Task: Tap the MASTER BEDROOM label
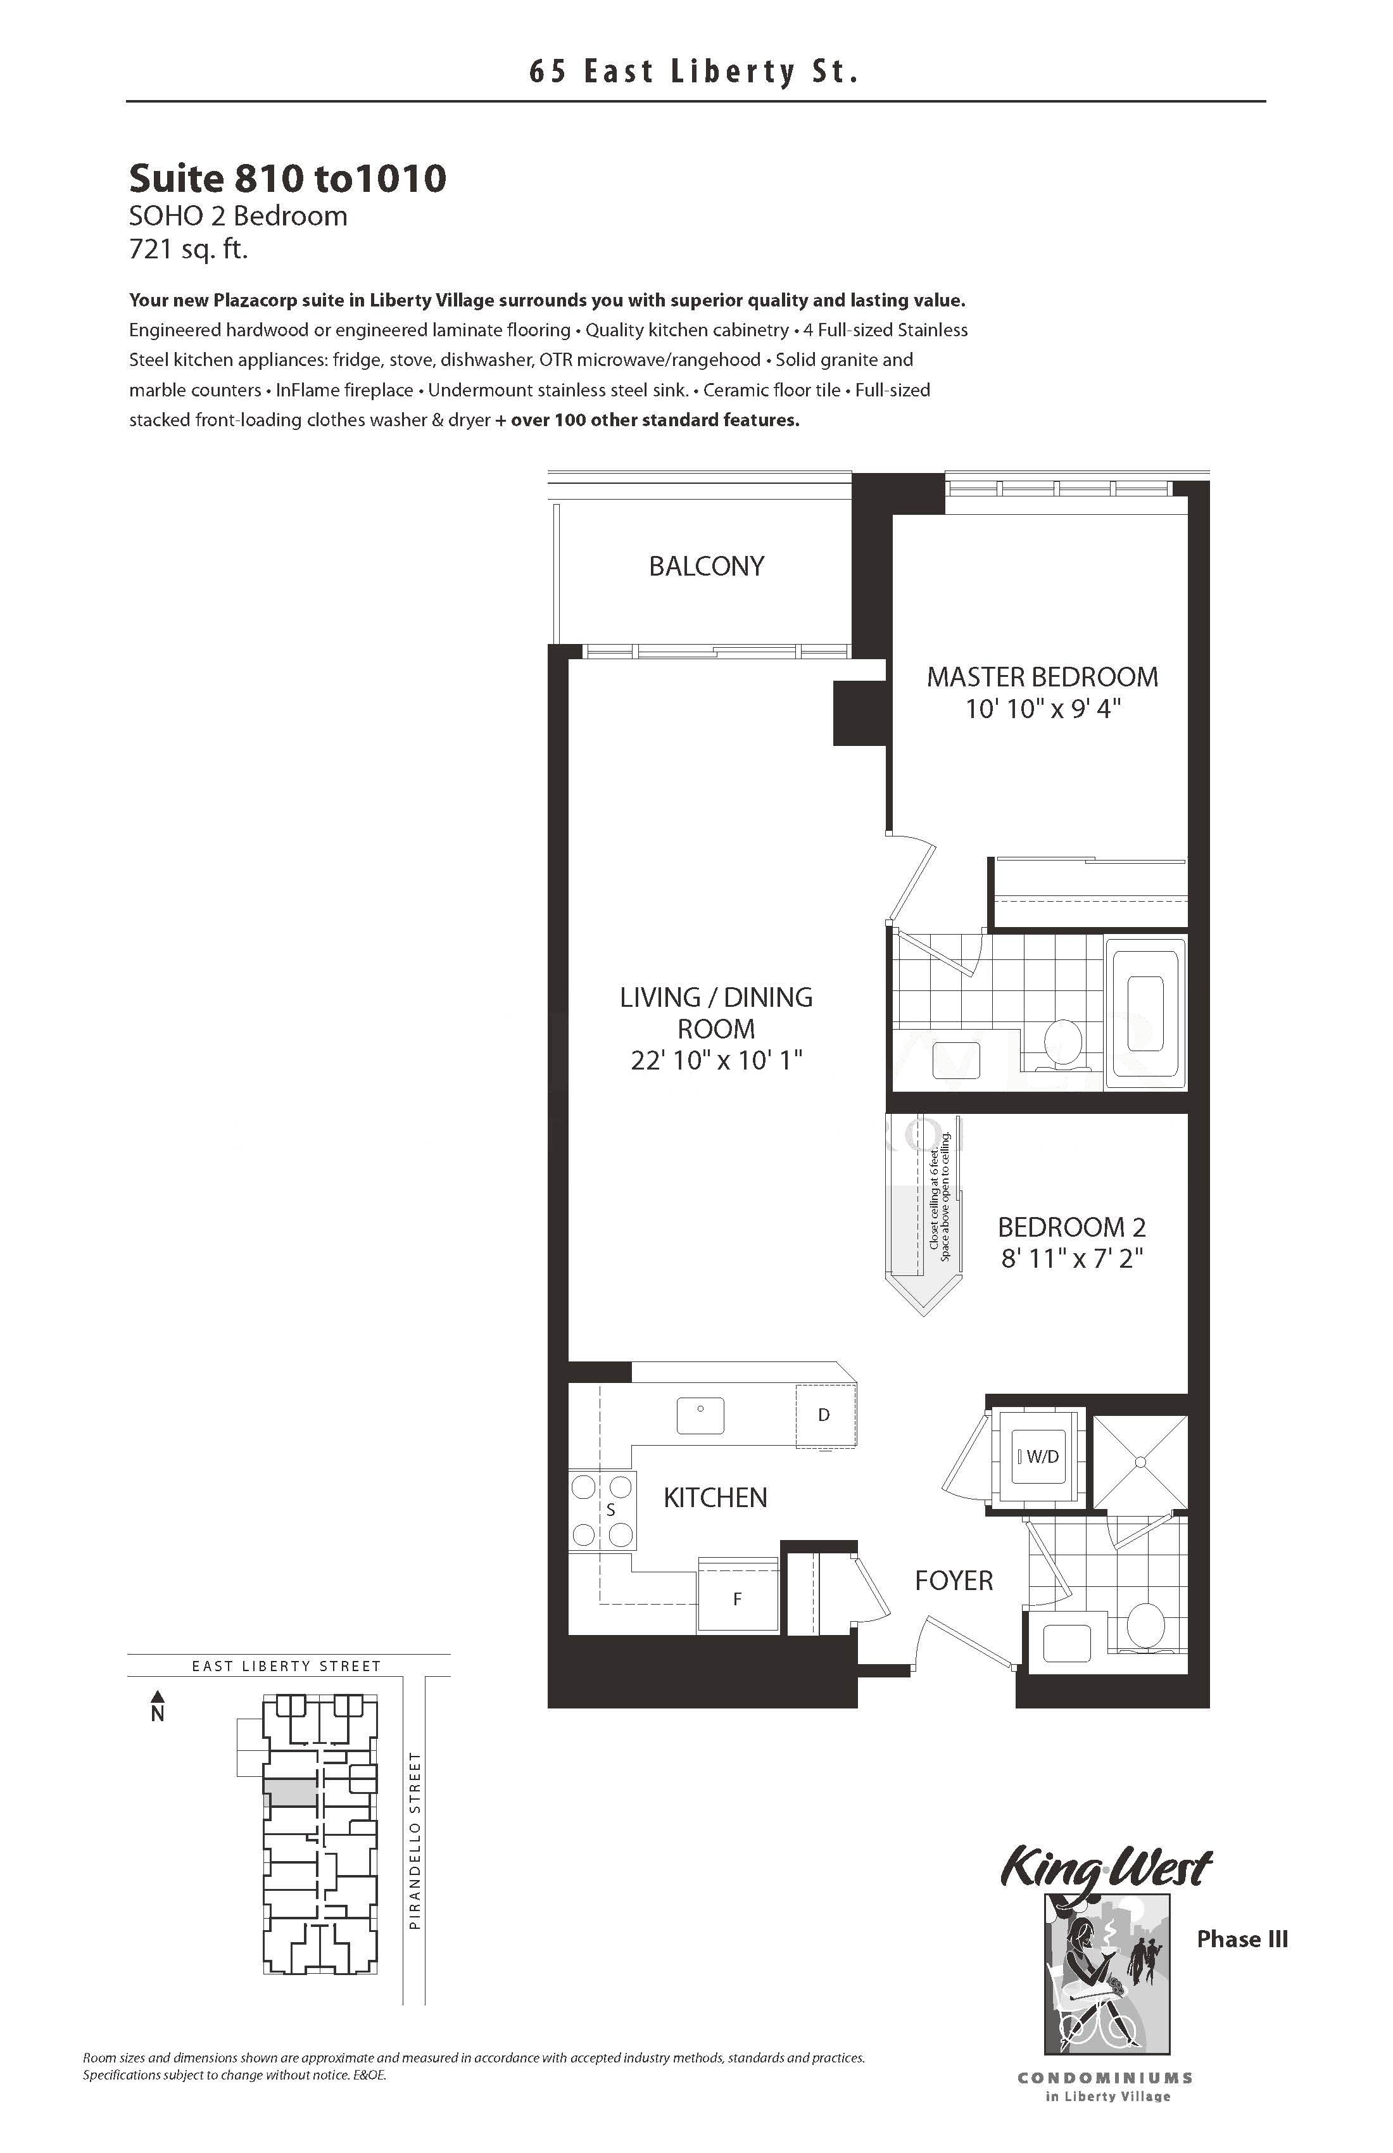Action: pos(1042,677)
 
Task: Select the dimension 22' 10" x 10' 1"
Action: pos(716,1060)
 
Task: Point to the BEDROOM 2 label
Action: pos(1072,1228)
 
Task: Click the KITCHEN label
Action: pos(715,1498)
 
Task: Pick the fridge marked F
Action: pos(737,1598)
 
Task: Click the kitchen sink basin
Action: pos(700,1416)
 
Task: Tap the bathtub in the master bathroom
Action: pos(1145,1013)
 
